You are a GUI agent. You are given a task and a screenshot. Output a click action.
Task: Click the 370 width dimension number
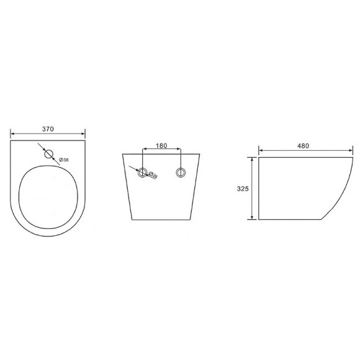tap(48, 128)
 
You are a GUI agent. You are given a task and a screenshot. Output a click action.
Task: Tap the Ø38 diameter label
tap(64, 160)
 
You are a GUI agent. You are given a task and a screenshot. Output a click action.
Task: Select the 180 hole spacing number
tap(161, 146)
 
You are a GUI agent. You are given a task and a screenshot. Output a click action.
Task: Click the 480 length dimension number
tap(303, 146)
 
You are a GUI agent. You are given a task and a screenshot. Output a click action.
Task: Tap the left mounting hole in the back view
tap(143, 173)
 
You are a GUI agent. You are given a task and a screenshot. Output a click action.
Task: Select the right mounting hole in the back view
tap(181, 173)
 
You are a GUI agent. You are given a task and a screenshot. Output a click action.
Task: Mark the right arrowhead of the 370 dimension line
tap(84, 134)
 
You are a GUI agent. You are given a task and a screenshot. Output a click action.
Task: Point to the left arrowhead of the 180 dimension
tap(145, 151)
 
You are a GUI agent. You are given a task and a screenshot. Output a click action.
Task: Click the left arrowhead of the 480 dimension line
tap(261, 150)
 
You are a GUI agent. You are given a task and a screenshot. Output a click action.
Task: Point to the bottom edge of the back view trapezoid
tap(162, 219)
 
